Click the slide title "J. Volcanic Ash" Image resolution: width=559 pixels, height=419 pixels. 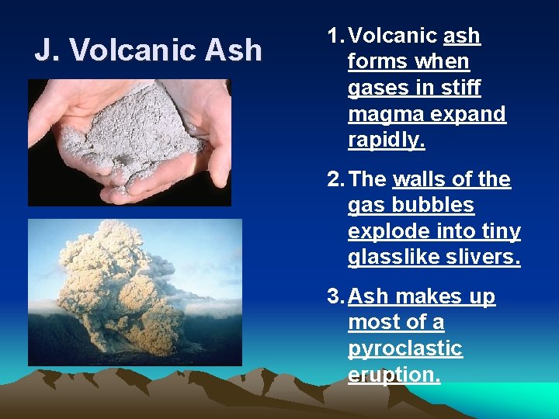[x=148, y=50]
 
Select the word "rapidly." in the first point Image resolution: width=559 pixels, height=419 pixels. [x=386, y=140]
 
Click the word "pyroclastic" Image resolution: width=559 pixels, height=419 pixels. [x=404, y=349]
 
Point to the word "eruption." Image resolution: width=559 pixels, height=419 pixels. [x=394, y=376]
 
